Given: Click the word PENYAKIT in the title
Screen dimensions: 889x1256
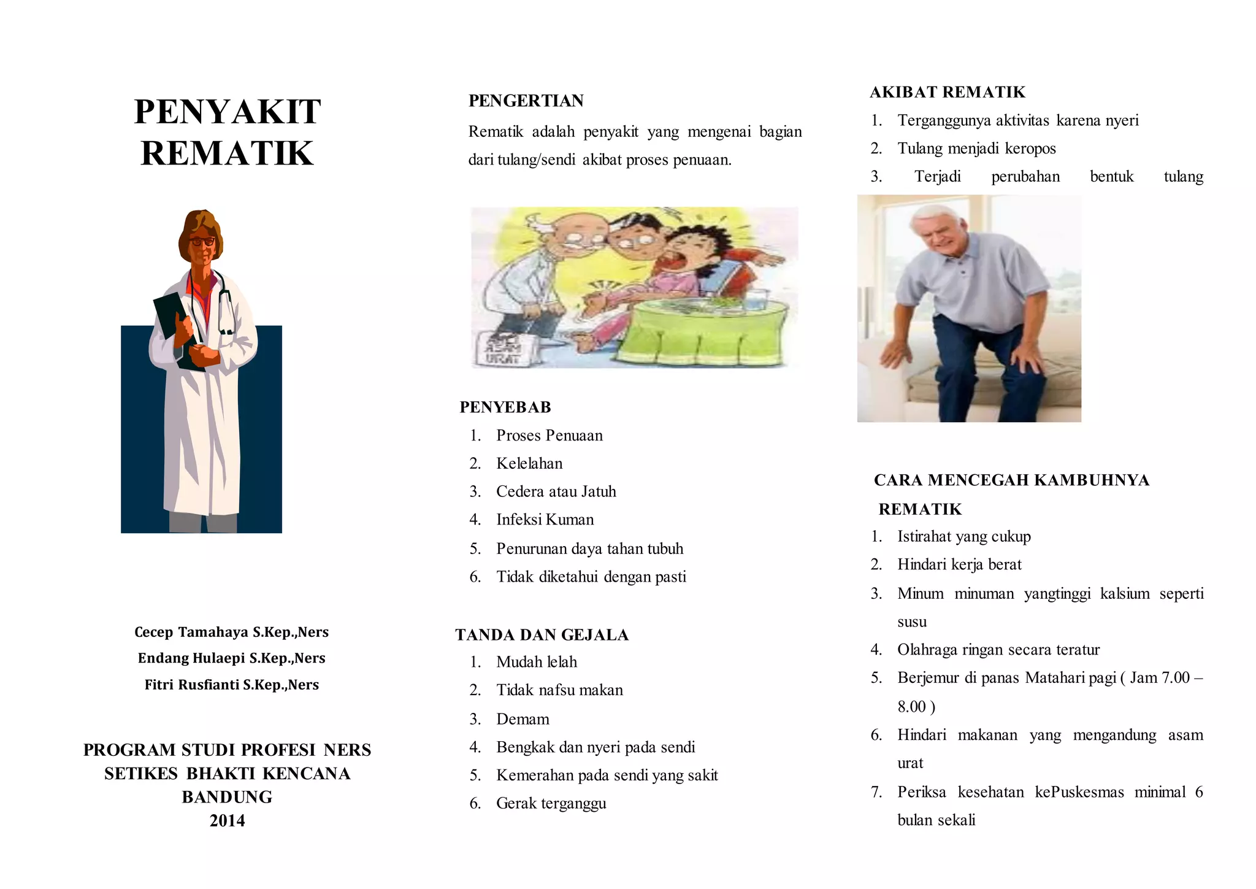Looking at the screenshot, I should click(227, 112).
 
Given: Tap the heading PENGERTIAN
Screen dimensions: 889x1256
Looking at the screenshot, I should click(526, 101).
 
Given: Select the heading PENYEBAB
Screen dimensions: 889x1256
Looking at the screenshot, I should click(505, 407).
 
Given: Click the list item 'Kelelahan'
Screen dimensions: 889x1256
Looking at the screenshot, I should click(529, 463).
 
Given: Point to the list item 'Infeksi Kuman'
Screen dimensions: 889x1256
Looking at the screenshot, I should click(545, 520).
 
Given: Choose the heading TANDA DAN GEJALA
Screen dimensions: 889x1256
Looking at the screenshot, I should click(542, 635).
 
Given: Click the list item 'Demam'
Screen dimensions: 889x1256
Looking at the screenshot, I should click(523, 719).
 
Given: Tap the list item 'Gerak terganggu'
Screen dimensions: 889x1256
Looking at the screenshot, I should click(551, 804).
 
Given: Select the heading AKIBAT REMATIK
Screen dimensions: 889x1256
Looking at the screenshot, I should click(947, 92).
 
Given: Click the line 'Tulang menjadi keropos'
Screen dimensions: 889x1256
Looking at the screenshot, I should click(976, 148).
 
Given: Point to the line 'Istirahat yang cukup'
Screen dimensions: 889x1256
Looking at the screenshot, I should click(963, 537).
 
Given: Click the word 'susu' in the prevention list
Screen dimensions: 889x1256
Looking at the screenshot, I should click(912, 622).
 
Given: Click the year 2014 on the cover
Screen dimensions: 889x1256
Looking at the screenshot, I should click(227, 821).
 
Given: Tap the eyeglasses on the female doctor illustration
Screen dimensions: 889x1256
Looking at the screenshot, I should click(202, 241).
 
